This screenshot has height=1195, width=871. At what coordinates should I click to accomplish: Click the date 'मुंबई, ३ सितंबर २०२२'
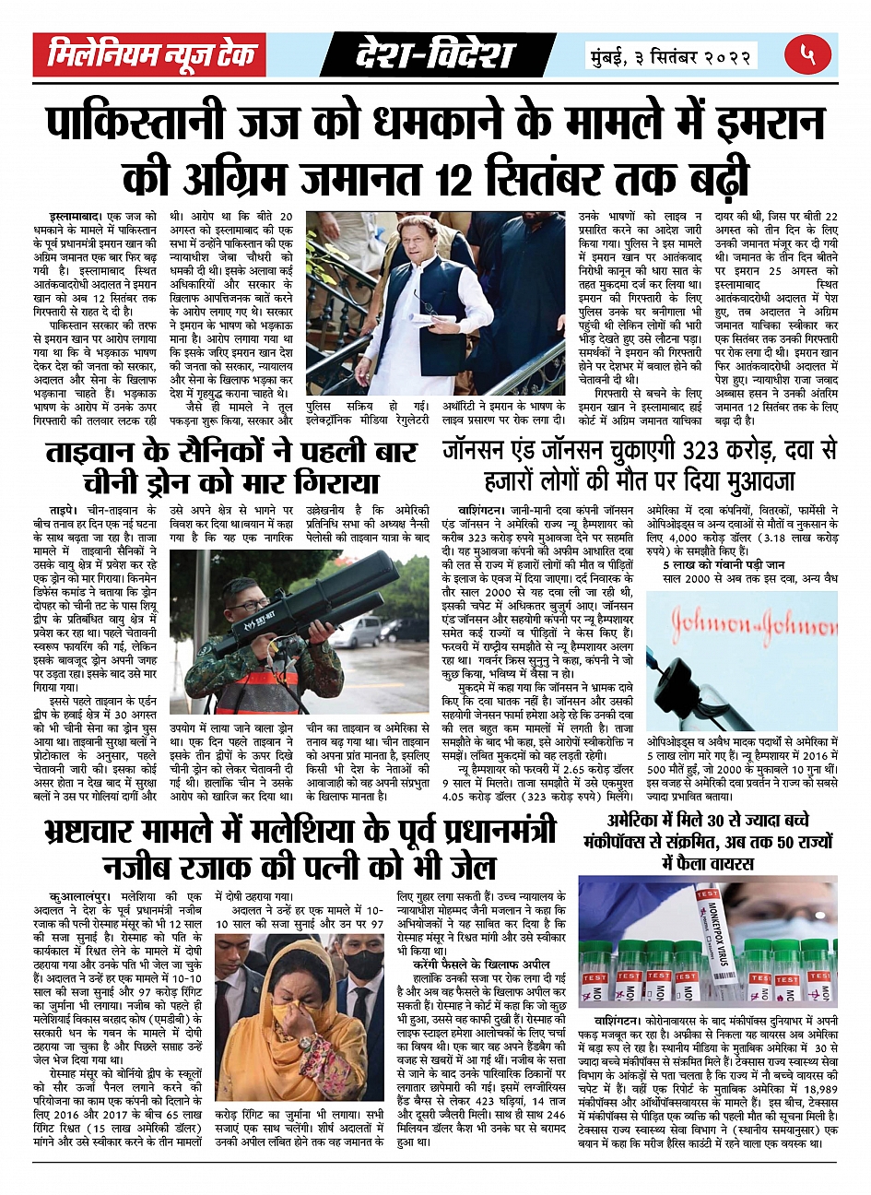[672, 56]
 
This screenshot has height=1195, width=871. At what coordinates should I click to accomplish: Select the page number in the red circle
[807, 54]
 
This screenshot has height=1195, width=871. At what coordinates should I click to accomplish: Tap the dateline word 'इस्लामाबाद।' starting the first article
[76, 217]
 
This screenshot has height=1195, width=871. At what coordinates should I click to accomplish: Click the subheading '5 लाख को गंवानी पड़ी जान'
[723, 564]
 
